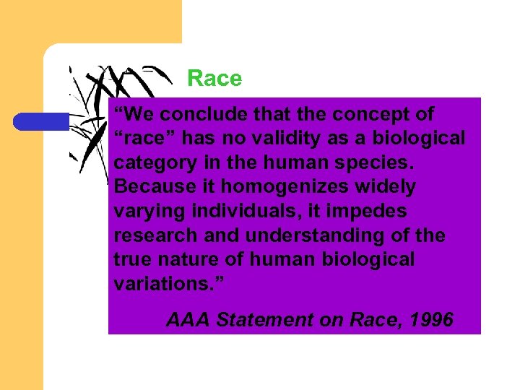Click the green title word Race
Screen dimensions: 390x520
pyautogui.click(x=214, y=78)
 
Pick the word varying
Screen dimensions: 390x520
pyautogui.click(x=147, y=212)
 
